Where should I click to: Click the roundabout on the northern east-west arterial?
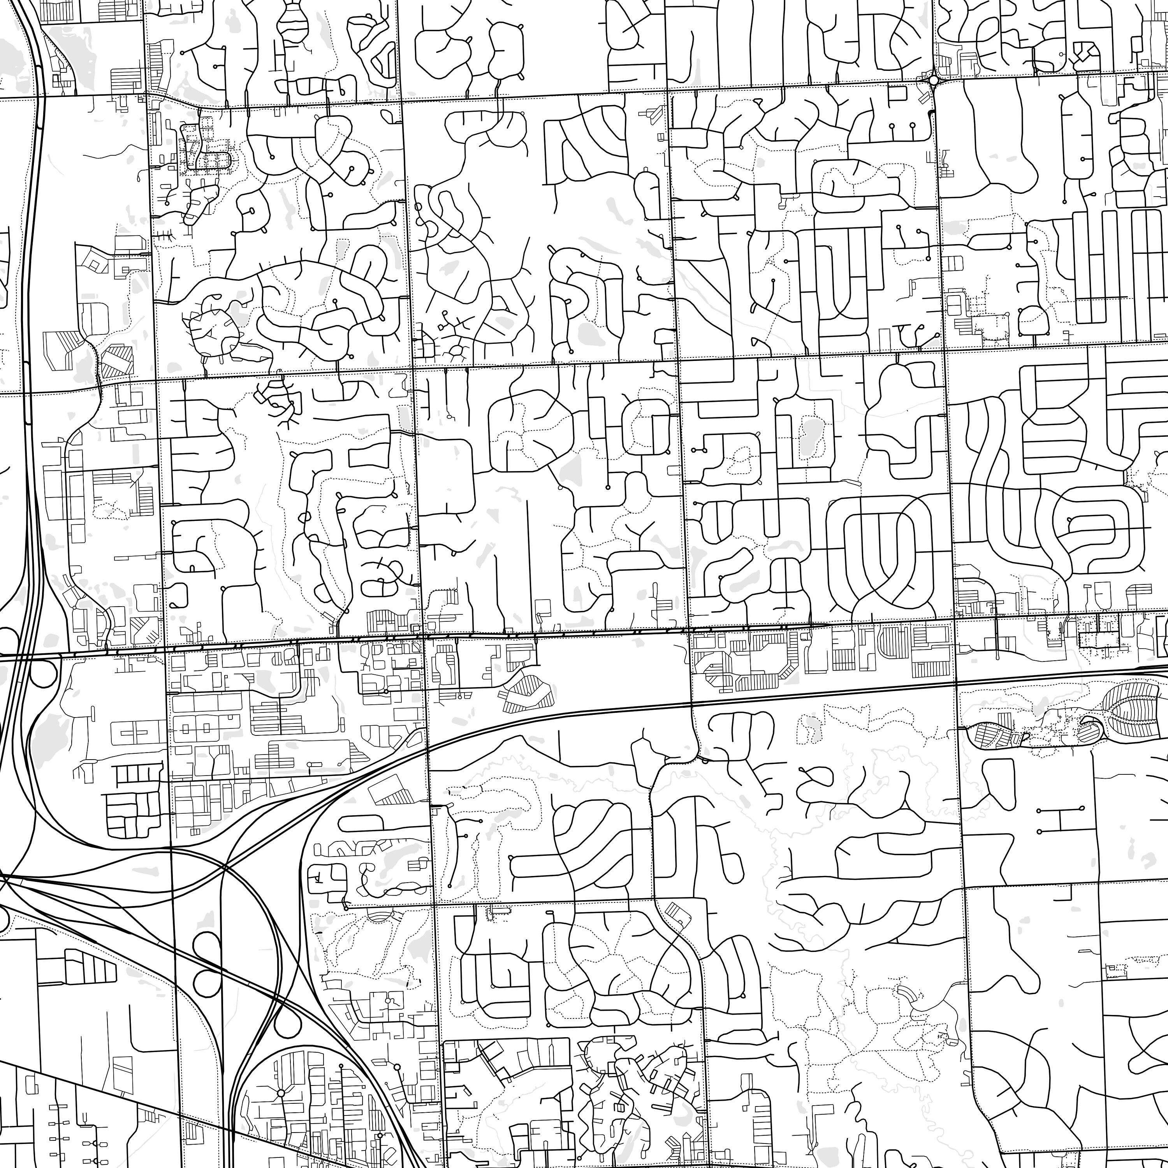point(934,80)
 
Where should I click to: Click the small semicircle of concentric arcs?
point(379,917)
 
